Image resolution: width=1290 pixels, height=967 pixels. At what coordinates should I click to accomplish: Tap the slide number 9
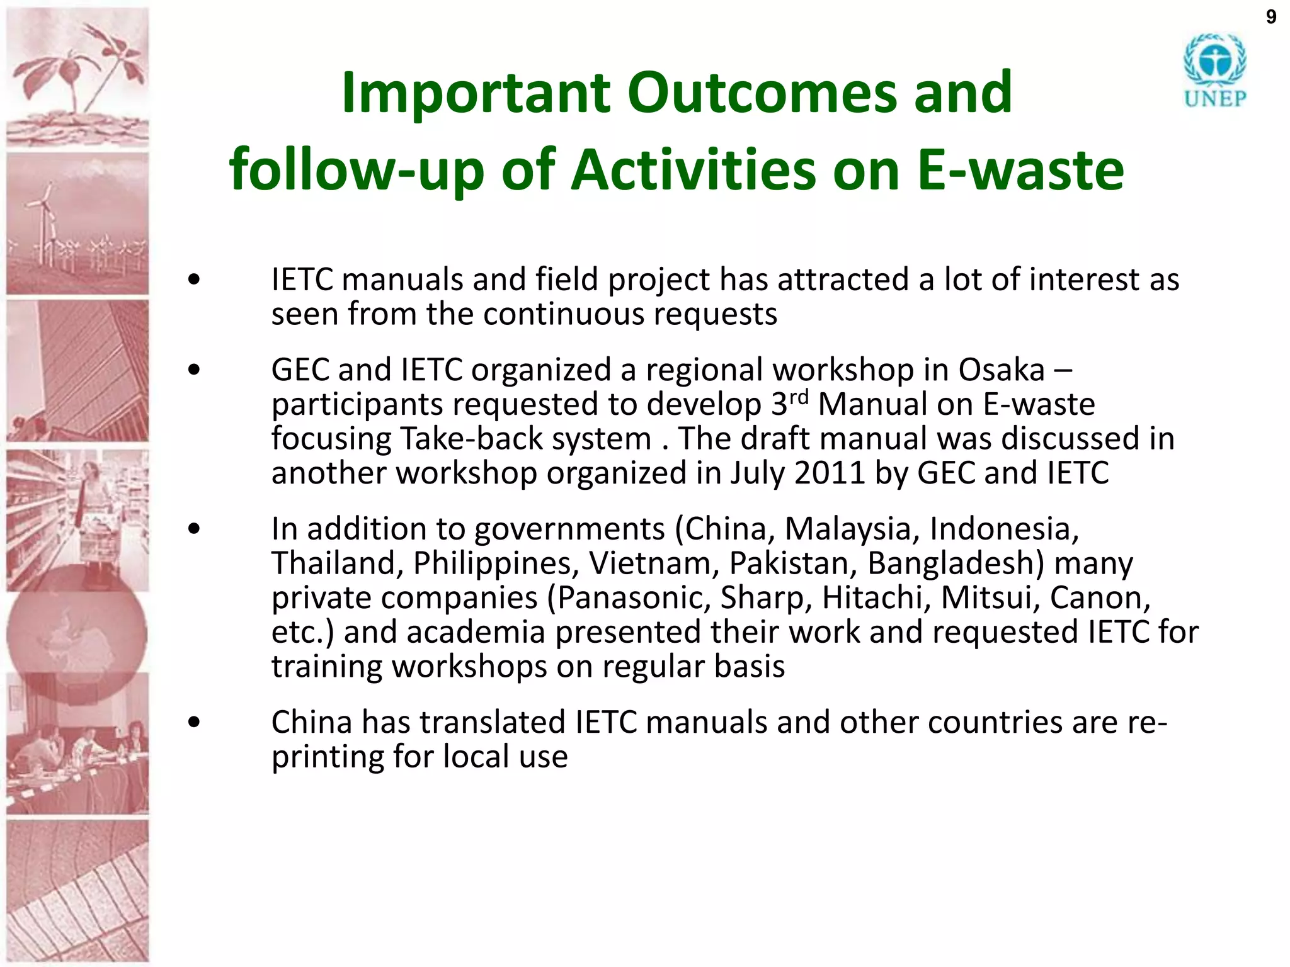point(1270,17)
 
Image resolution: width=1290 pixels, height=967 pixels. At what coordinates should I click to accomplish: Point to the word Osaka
point(1001,370)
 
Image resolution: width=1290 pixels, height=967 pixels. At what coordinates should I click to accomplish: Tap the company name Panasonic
point(633,597)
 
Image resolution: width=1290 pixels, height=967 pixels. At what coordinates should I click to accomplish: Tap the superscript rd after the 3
point(798,397)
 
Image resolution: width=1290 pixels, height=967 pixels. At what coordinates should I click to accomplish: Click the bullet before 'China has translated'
point(194,723)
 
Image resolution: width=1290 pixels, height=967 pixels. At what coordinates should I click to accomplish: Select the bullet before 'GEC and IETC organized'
point(194,370)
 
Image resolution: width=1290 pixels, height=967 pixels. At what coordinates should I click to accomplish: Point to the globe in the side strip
point(77,633)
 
